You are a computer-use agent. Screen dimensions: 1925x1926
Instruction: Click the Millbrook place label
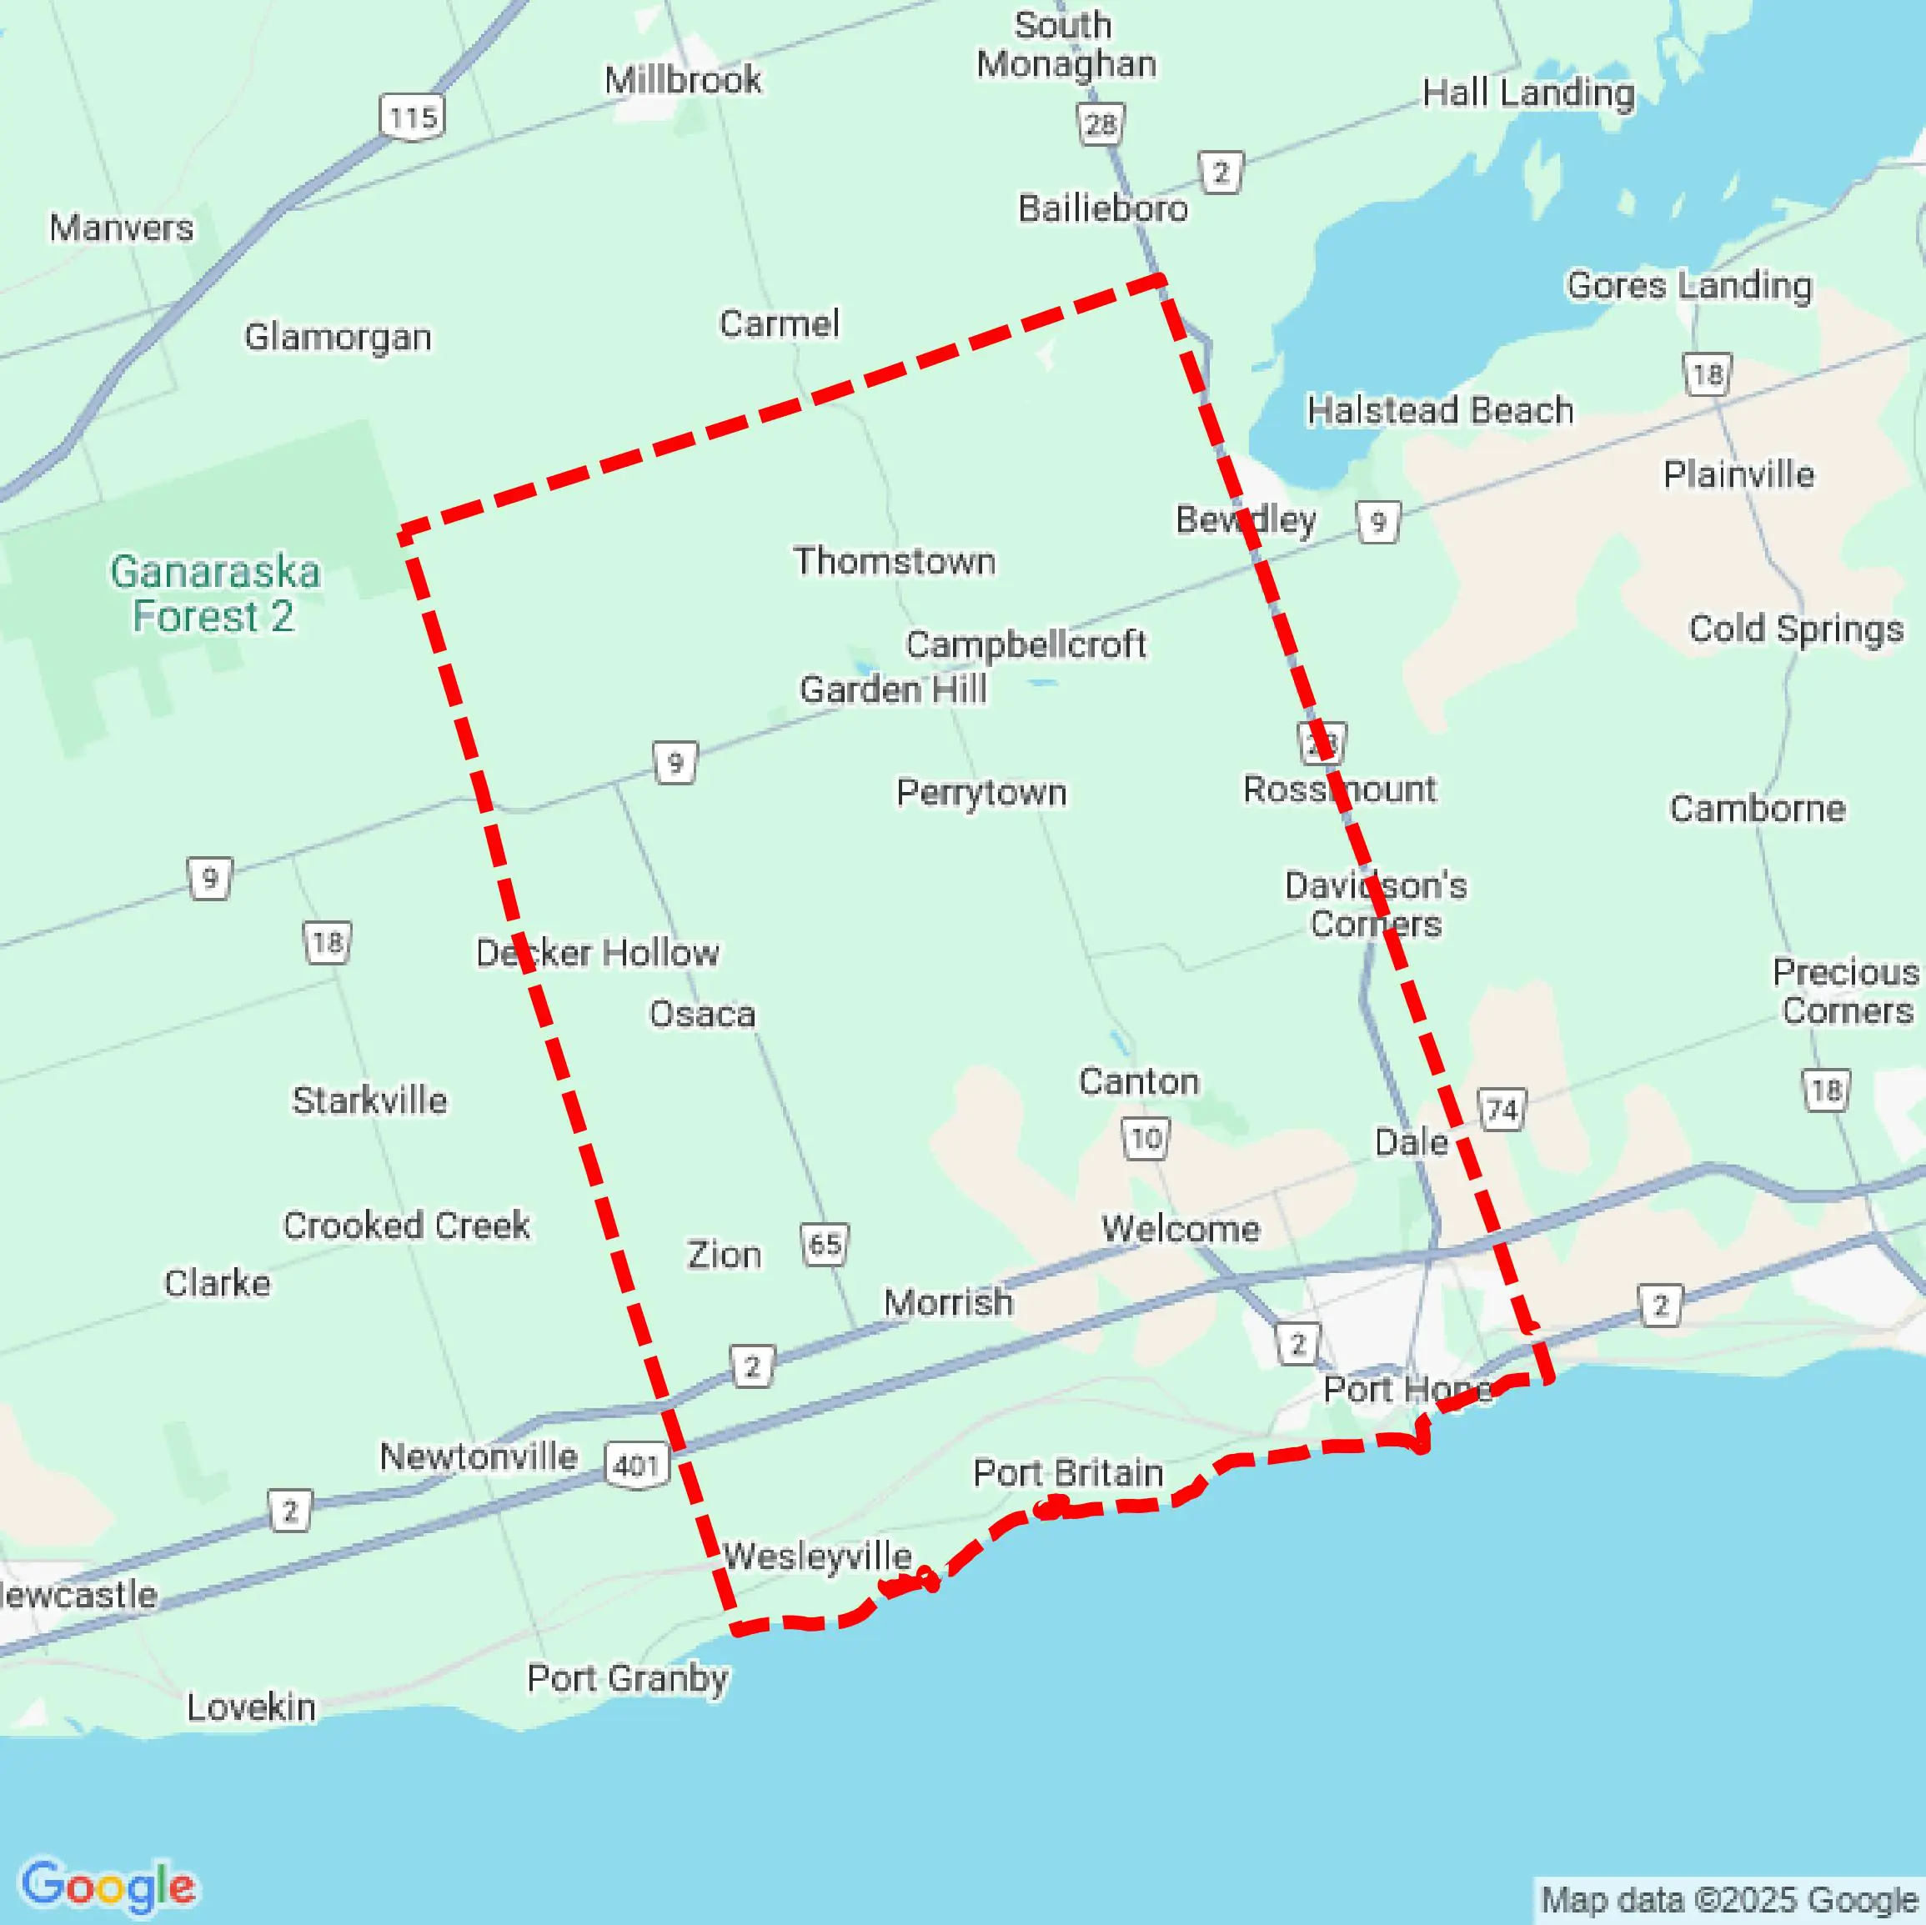point(683,80)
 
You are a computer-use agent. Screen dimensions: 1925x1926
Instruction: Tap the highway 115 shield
point(412,118)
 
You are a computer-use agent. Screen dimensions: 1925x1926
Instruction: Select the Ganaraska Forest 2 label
point(214,594)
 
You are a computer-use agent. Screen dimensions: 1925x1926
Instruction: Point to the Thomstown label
point(894,561)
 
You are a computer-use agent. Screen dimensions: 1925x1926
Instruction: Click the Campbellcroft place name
point(1026,645)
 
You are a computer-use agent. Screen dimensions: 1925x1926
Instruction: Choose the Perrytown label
point(981,793)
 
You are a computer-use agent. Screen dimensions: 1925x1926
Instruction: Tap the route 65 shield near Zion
point(825,1244)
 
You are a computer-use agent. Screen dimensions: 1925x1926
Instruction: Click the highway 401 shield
point(636,1465)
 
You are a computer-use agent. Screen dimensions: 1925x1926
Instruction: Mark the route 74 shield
point(1502,1110)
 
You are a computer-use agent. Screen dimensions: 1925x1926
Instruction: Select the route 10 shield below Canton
point(1146,1139)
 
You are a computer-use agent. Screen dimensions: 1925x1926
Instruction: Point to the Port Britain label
point(1068,1472)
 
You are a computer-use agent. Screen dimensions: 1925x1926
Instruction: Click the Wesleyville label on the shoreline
point(817,1557)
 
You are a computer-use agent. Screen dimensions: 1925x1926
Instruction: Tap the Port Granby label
point(627,1679)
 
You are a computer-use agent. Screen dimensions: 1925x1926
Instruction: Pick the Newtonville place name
point(479,1456)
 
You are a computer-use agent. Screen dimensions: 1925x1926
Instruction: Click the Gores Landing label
point(1688,286)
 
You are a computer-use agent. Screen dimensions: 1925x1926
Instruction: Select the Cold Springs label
point(1795,629)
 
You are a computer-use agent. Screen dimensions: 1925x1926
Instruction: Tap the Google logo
point(108,1884)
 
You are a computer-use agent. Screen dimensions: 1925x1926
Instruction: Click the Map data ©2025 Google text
point(1729,1900)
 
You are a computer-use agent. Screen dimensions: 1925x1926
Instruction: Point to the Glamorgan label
point(338,337)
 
